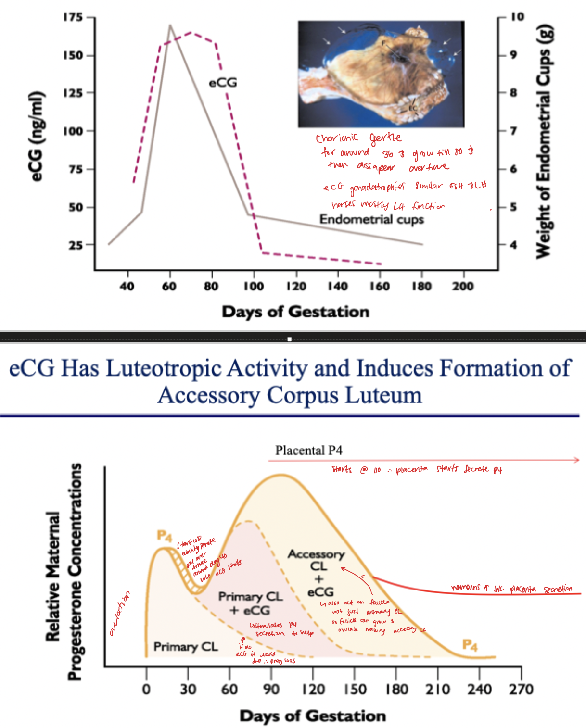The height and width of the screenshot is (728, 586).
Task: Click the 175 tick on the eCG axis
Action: [x=73, y=18]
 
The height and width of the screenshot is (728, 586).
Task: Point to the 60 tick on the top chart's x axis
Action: [x=169, y=286]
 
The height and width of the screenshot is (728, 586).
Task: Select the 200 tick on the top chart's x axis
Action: [x=463, y=286]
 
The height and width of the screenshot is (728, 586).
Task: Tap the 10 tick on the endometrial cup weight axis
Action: [x=517, y=17]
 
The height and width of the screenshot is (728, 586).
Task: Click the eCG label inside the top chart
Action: [x=223, y=83]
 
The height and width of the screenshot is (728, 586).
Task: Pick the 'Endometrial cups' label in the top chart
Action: [x=371, y=220]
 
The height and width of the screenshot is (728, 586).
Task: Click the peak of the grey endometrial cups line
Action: [x=170, y=25]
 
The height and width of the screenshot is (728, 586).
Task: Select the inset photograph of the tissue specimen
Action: [x=381, y=74]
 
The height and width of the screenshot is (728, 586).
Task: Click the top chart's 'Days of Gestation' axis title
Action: [x=295, y=312]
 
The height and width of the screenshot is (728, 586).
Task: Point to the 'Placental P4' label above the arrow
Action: [x=308, y=451]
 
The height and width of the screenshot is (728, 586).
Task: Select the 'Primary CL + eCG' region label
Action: [x=250, y=603]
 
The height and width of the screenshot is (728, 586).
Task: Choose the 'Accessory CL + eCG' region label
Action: [x=316, y=573]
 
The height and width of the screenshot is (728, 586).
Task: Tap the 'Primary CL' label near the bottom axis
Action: [x=185, y=647]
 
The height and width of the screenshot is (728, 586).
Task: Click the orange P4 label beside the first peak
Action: [x=164, y=536]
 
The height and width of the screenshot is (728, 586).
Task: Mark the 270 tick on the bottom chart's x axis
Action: [x=521, y=690]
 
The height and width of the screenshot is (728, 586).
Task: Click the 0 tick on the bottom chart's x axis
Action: [x=146, y=690]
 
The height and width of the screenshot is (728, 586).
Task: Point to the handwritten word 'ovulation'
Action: [x=120, y=615]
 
